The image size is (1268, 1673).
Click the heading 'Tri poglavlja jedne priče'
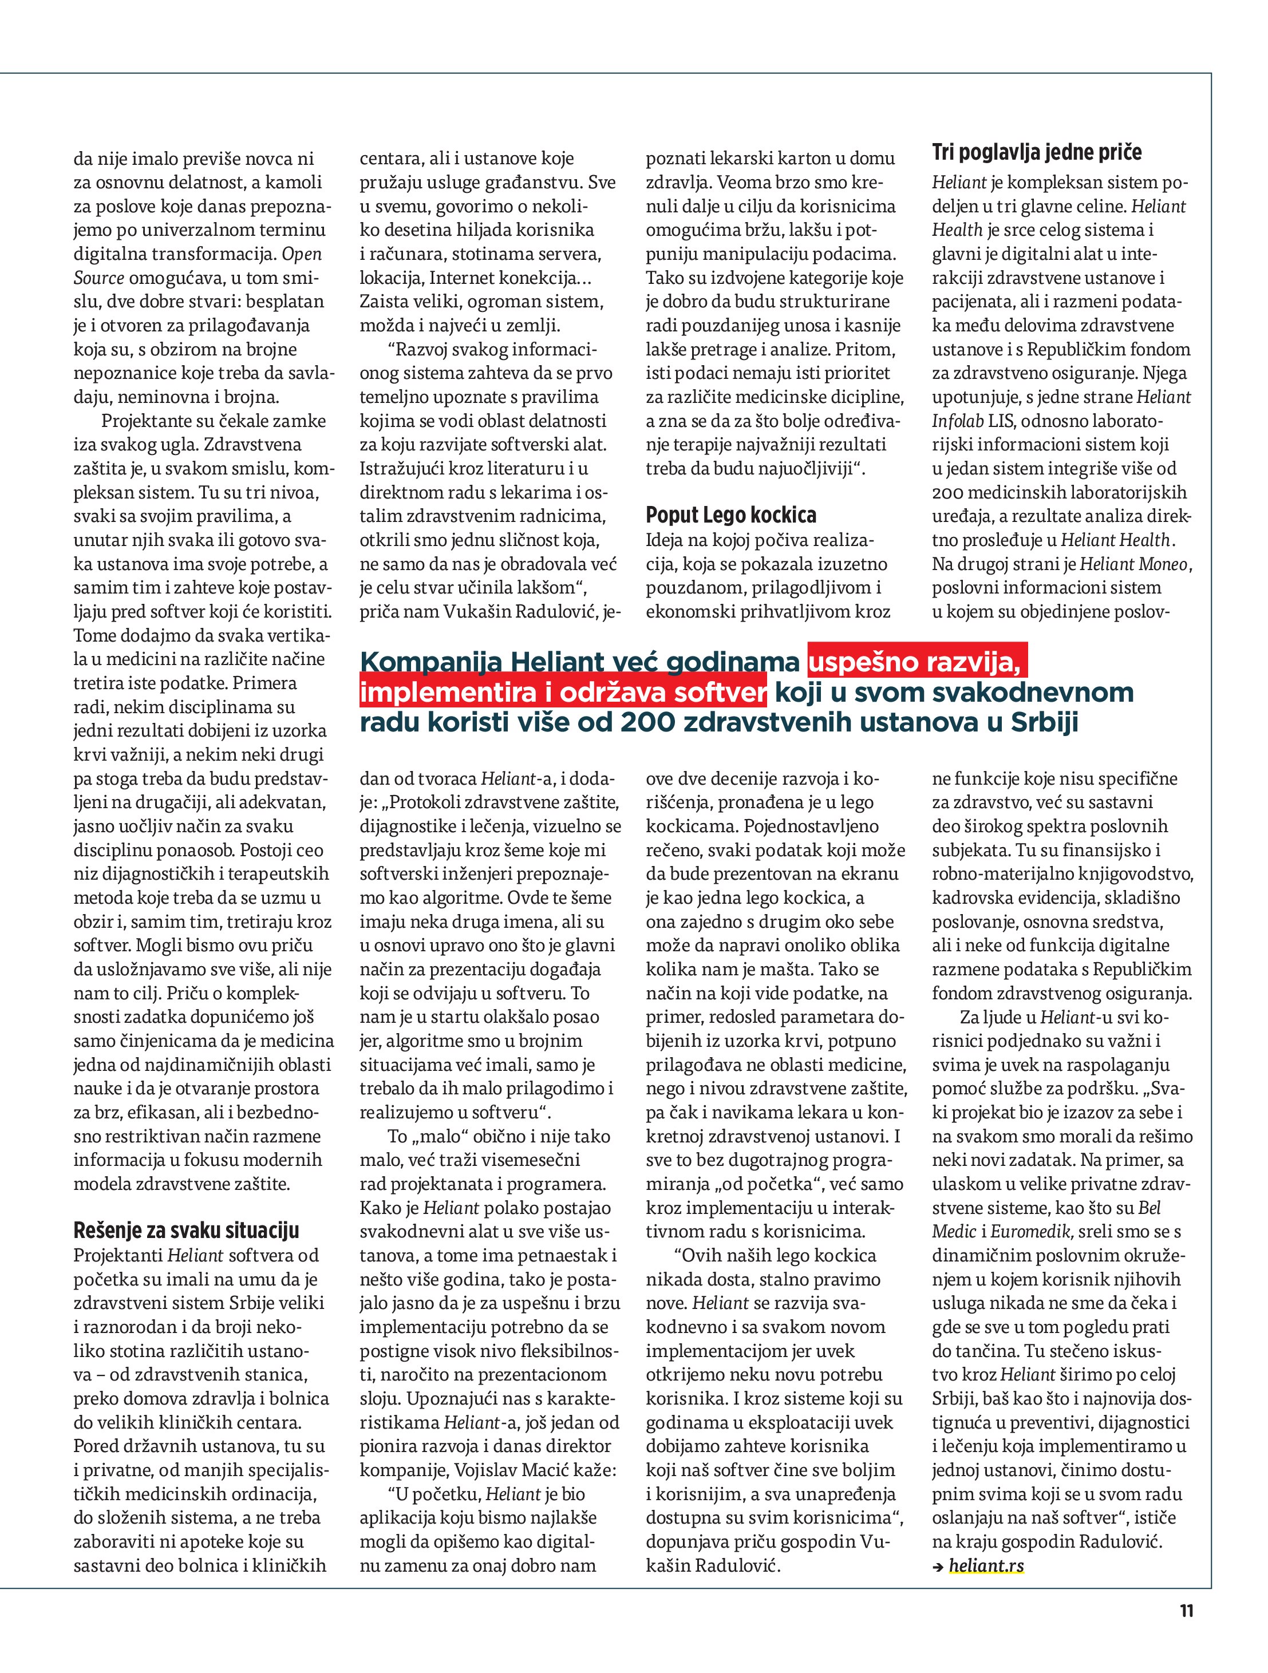pos(1037,153)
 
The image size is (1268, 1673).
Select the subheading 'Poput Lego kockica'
pos(731,516)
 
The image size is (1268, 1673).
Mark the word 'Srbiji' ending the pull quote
pos(1044,723)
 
